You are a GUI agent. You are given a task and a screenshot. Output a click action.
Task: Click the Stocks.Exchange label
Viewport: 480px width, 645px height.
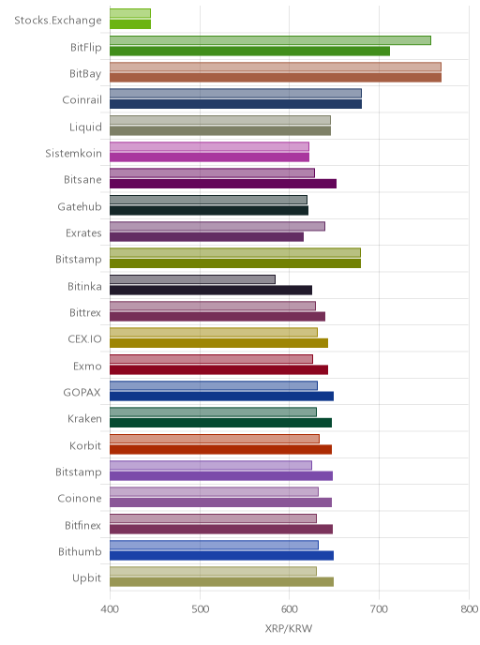click(58, 21)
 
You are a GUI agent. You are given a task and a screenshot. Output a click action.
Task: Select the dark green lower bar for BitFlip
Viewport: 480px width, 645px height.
click(249, 51)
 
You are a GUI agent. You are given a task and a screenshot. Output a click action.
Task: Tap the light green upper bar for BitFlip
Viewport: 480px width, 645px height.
click(270, 40)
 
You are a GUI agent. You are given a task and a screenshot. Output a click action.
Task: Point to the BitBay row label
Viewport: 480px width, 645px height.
click(85, 74)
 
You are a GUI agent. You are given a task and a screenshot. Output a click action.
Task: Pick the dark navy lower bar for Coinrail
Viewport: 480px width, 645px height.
click(235, 104)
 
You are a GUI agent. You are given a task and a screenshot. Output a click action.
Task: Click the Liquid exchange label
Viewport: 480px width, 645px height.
click(85, 127)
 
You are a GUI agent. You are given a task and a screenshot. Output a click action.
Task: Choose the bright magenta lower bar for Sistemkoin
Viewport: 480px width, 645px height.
click(209, 157)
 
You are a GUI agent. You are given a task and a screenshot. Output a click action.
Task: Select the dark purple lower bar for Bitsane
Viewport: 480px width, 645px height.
click(223, 184)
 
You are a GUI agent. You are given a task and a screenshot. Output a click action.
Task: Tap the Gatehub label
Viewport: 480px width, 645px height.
click(80, 206)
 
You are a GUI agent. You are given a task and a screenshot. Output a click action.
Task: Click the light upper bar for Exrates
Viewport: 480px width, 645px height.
click(217, 226)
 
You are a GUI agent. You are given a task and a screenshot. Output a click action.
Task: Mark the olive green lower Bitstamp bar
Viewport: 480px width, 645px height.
click(235, 263)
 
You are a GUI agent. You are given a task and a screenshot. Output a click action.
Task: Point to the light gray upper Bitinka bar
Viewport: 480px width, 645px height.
click(192, 279)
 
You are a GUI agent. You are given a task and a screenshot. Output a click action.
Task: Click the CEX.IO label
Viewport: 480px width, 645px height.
click(84, 339)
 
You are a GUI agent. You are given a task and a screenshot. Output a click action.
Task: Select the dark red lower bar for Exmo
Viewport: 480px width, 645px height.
click(218, 369)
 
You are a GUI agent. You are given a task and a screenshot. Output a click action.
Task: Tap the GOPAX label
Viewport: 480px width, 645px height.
click(82, 393)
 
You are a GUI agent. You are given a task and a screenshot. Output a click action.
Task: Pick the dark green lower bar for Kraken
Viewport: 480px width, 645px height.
click(220, 423)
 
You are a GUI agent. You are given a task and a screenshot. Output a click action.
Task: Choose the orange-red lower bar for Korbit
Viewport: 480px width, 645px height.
click(220, 450)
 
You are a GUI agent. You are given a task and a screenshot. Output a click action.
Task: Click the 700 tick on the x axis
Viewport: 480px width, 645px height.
click(379, 609)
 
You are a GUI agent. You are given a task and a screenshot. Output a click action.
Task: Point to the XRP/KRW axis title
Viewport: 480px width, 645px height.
click(289, 628)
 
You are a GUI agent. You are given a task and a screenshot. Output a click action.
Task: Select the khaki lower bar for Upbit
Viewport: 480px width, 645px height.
click(221, 582)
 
